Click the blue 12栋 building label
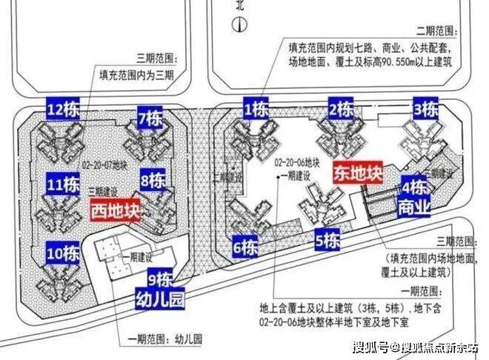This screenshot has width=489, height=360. [62, 110]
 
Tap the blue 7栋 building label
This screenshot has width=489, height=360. [151, 118]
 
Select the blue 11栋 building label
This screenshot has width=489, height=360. [62, 182]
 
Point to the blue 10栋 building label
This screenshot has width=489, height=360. [62, 253]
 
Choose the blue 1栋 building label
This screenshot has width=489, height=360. [256, 110]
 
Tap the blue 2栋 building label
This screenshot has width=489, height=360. [341, 110]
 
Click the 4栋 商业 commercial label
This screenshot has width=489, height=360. [414, 196]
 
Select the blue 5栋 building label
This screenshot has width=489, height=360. [327, 241]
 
